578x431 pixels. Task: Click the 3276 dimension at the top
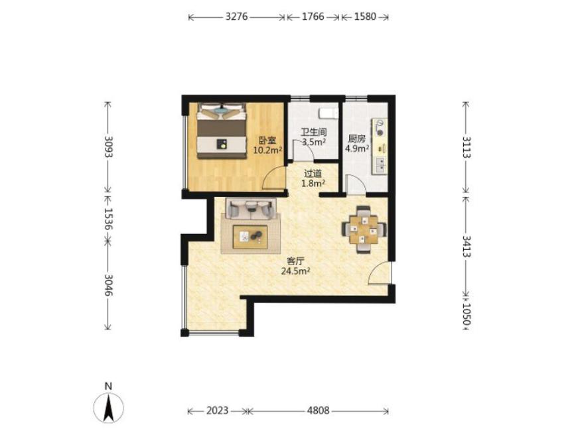(236, 17)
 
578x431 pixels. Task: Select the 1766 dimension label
(313, 17)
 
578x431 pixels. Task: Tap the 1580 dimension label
(365, 17)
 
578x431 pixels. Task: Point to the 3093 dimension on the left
(108, 147)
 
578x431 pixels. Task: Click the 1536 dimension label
(108, 219)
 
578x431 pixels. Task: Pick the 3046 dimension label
(108, 285)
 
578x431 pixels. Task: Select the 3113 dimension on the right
(467, 147)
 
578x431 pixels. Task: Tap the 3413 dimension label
(467, 246)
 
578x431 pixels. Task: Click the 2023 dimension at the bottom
(217, 410)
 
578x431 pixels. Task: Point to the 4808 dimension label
(318, 410)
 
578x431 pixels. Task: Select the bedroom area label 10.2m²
(267, 151)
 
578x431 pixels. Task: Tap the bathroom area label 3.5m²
(314, 142)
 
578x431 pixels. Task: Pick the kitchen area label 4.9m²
(357, 149)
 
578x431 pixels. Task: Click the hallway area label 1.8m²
(313, 183)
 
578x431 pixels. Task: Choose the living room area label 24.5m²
(295, 271)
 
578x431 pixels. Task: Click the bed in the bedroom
(222, 131)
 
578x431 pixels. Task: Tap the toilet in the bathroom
(328, 113)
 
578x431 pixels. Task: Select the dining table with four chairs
(364, 229)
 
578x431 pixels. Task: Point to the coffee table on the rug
(250, 237)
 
